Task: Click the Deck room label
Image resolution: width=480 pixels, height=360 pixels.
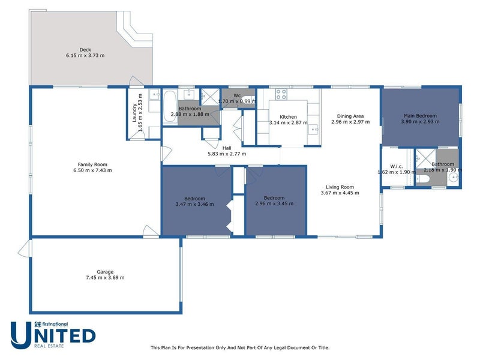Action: [85, 50]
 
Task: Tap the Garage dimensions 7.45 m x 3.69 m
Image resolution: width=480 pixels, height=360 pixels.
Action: [105, 277]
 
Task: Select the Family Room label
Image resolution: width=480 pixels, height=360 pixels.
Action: [92, 164]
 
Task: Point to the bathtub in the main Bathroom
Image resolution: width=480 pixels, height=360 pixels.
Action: [170, 106]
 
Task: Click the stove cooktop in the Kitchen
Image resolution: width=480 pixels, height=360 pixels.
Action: [281, 94]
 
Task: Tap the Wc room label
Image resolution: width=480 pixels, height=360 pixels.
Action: [237, 95]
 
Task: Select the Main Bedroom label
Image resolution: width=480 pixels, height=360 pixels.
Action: [420, 116]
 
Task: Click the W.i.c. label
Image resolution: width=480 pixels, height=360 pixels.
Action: [396, 166]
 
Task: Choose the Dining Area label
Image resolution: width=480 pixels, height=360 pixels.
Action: [350, 116]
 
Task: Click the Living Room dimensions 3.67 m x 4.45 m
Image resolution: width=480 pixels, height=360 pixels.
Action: [340, 193]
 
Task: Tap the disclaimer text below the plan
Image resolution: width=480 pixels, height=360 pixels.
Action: [239, 347]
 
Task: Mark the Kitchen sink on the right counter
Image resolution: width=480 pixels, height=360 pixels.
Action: [313, 128]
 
